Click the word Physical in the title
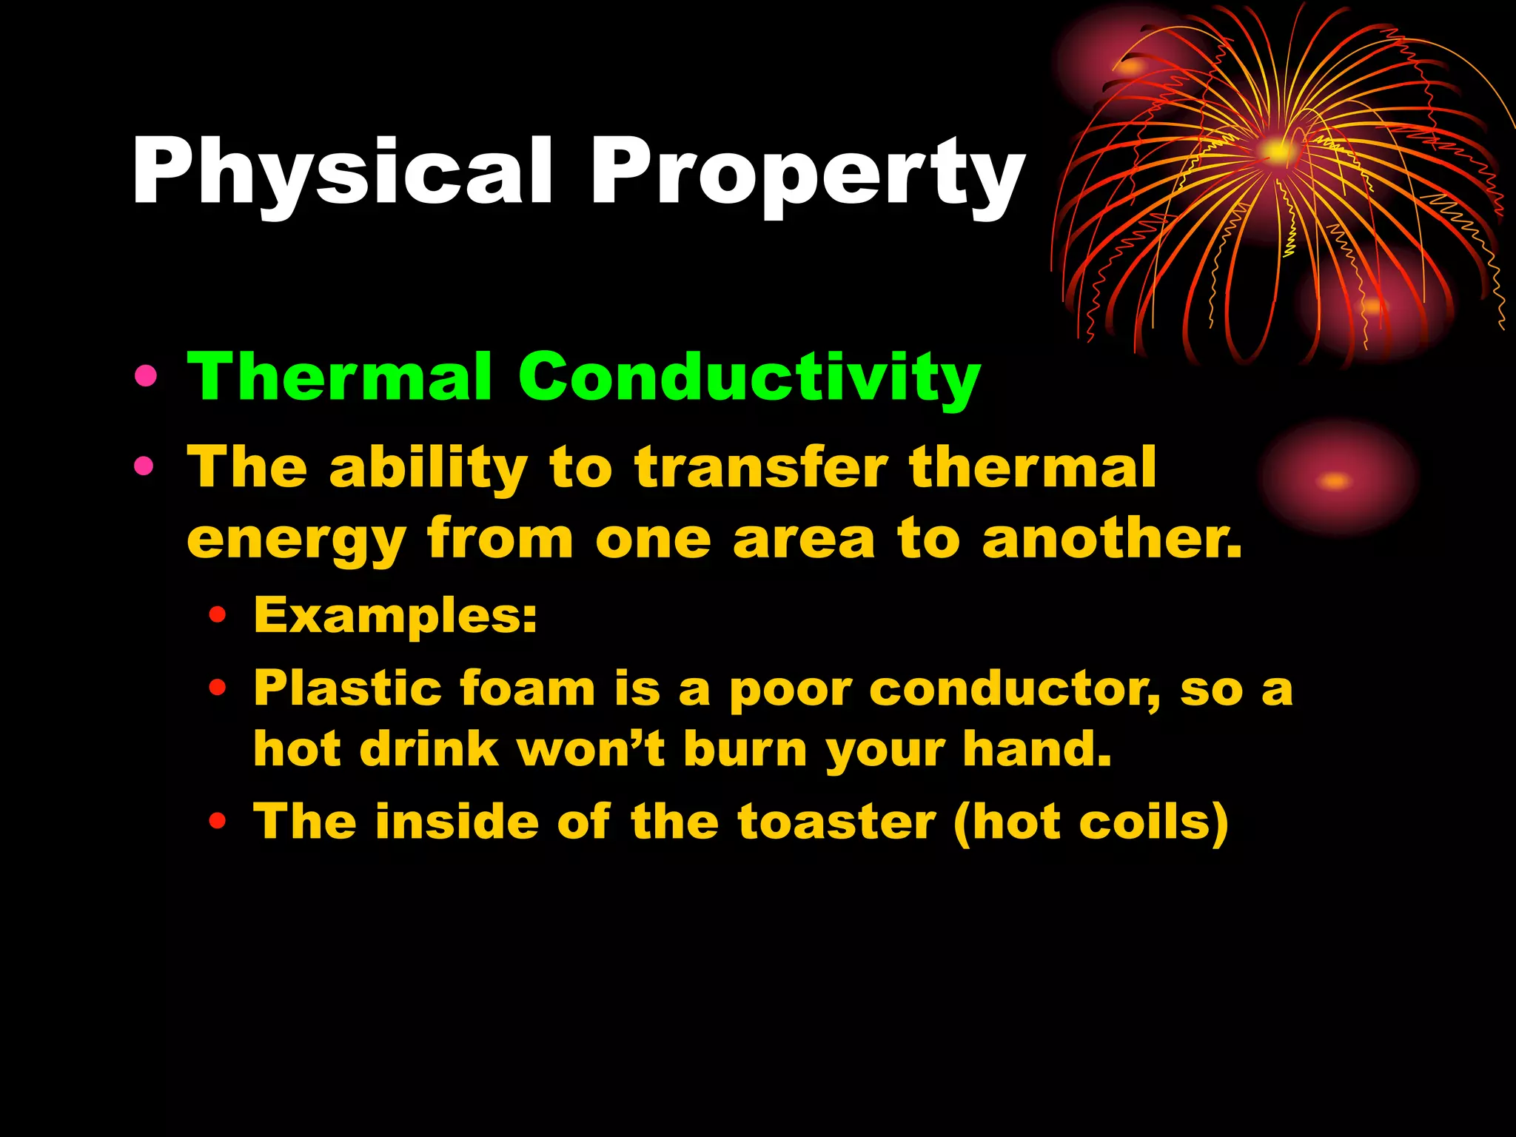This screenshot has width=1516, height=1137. point(342,172)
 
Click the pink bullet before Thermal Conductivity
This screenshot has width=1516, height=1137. point(146,378)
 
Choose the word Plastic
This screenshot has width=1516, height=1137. point(348,688)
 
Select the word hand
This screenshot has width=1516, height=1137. point(1036,748)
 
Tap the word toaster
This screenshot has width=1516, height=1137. point(836,822)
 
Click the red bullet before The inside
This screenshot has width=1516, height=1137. point(217,821)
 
